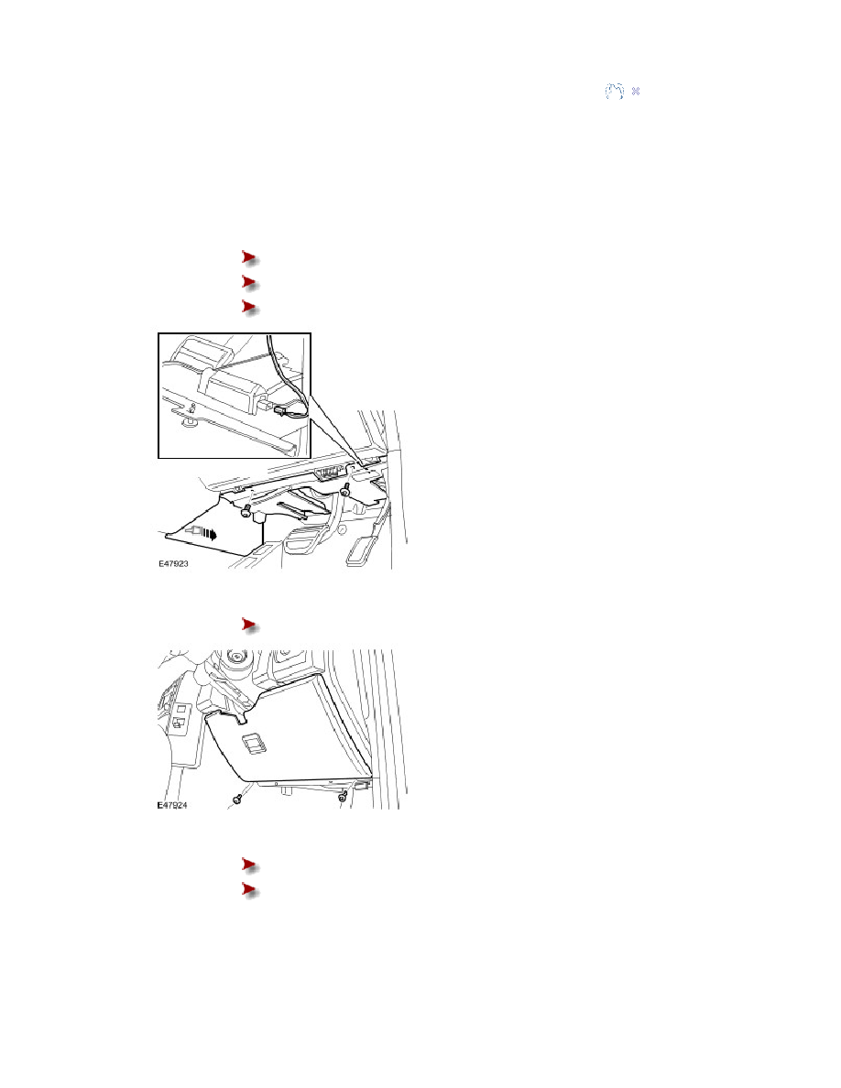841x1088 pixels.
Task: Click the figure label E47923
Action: click(x=173, y=563)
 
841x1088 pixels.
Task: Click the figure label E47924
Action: click(x=172, y=806)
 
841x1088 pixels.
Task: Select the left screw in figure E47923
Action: click(x=246, y=512)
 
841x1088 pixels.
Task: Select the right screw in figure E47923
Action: click(x=344, y=489)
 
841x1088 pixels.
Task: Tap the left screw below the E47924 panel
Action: click(x=236, y=800)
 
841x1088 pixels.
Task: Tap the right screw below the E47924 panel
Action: click(x=342, y=798)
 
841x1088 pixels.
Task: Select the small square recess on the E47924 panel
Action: click(x=253, y=744)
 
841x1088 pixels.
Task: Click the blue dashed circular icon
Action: click(x=614, y=91)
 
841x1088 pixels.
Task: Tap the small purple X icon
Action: click(x=636, y=91)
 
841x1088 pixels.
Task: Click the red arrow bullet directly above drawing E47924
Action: click(x=250, y=626)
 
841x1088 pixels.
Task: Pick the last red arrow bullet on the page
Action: click(x=250, y=889)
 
